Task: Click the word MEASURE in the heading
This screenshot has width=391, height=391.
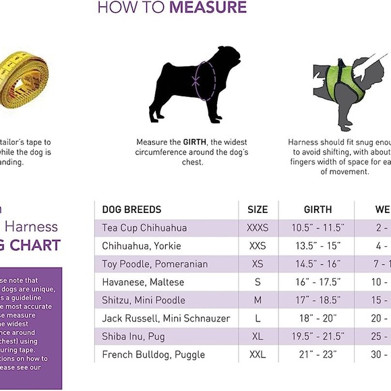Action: coord(208,8)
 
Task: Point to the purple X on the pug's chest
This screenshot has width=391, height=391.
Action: coord(196,80)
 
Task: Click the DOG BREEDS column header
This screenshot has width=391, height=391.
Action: coord(131,210)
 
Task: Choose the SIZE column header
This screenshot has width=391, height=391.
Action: coord(258,210)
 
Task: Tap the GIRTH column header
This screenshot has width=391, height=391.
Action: coord(318,210)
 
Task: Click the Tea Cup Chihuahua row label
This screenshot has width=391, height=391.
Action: coord(144,228)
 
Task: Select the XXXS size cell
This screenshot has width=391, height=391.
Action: coord(258,228)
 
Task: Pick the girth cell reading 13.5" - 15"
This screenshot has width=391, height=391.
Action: coord(318,246)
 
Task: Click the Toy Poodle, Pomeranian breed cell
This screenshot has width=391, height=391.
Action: coord(154,264)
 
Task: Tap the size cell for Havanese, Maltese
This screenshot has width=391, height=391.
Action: coord(258,282)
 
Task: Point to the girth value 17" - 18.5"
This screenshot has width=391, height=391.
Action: coord(318,300)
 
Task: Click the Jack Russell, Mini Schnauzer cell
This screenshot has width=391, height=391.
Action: coord(166,318)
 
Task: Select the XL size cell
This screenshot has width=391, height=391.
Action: coord(258,336)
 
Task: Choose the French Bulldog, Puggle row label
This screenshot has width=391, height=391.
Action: coord(153,355)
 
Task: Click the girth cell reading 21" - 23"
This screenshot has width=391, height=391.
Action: coord(318,355)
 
